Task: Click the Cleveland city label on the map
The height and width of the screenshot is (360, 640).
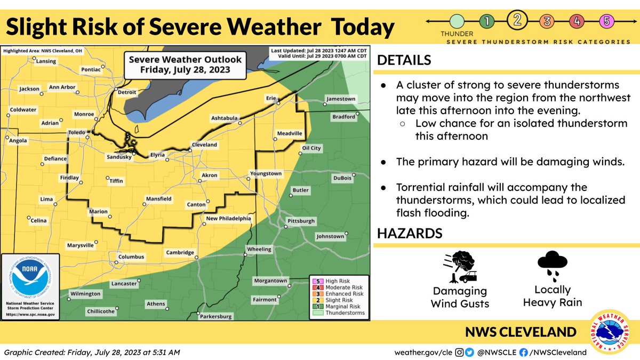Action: pyautogui.click(x=204, y=145)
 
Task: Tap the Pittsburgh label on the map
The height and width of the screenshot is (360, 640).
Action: pyautogui.click(x=301, y=221)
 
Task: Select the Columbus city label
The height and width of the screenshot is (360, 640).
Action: pyautogui.click(x=131, y=257)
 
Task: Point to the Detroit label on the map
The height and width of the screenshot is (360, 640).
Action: pyautogui.click(x=127, y=92)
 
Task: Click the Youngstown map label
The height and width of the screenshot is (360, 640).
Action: pyautogui.click(x=266, y=174)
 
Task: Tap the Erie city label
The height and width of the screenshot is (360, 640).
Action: pyautogui.click(x=272, y=99)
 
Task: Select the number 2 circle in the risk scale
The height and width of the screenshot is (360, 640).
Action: pyautogui.click(x=517, y=21)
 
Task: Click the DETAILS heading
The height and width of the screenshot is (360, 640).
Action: pyautogui.click(x=404, y=60)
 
